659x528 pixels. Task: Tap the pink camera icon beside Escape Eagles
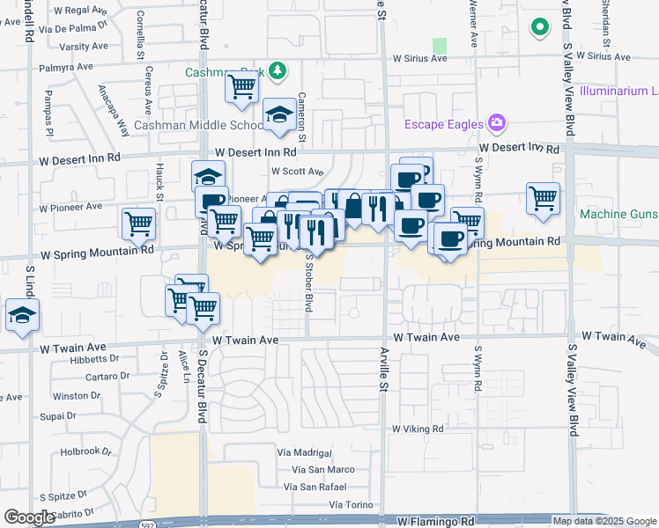(x=497, y=121)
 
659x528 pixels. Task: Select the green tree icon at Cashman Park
(x=278, y=69)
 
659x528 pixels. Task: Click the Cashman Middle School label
(x=198, y=126)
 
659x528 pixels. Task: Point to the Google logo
(x=29, y=517)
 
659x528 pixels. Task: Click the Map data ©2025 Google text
(x=603, y=521)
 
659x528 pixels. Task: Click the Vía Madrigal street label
(x=303, y=451)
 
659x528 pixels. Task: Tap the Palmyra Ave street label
(x=67, y=66)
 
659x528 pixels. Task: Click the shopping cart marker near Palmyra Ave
(x=241, y=87)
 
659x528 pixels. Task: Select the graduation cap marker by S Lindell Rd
(x=21, y=315)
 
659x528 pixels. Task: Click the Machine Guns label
(x=618, y=214)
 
